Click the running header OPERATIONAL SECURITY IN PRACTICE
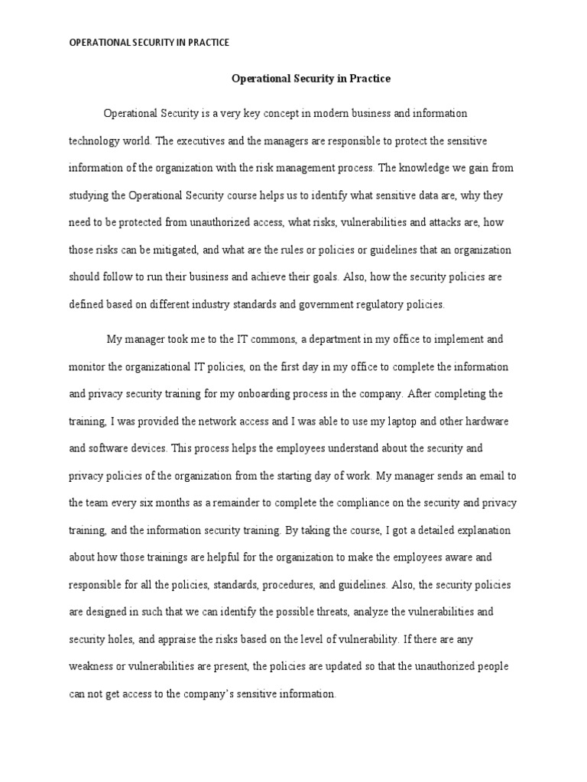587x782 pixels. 149,44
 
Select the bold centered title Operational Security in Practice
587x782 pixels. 311,78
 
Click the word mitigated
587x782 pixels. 182,249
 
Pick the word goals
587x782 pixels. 326,277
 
